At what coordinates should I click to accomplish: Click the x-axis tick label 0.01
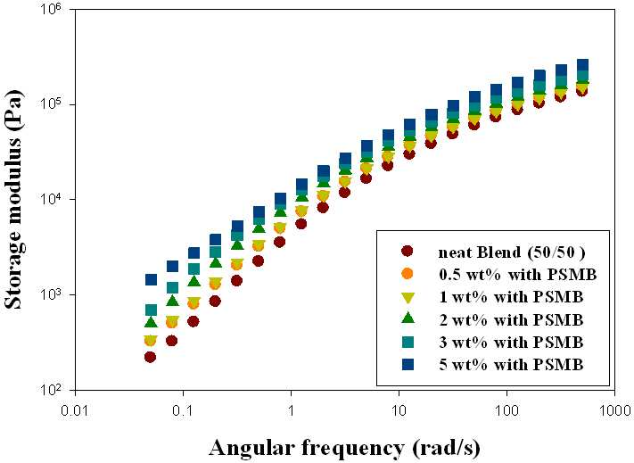(x=76, y=410)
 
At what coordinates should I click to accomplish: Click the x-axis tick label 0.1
(x=183, y=410)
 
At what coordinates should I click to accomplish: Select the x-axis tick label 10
(x=399, y=410)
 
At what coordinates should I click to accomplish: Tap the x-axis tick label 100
(x=507, y=410)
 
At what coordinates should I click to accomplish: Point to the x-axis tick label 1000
(x=615, y=410)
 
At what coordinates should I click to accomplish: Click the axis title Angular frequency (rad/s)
(x=344, y=448)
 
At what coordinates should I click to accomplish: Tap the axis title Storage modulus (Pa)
(x=14, y=198)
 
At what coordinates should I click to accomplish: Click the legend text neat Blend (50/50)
(x=512, y=252)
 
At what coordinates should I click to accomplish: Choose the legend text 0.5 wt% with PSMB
(x=518, y=275)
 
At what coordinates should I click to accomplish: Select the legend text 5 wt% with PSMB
(x=512, y=365)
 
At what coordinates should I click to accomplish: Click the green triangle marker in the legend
(x=408, y=318)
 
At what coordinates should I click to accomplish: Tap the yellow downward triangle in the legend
(x=408, y=298)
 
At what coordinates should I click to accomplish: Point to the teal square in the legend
(x=408, y=342)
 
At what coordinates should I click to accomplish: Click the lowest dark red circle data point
(x=150, y=357)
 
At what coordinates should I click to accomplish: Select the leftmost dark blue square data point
(x=151, y=279)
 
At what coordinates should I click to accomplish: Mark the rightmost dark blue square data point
(x=582, y=65)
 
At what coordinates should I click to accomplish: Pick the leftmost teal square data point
(x=151, y=310)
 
